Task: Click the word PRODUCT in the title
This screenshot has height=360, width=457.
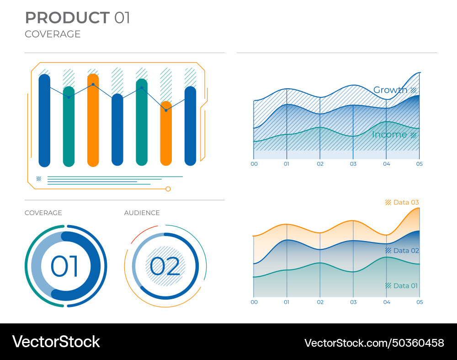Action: pos(67,18)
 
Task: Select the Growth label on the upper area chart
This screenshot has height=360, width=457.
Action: pos(390,90)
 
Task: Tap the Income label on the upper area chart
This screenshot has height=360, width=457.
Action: pos(389,134)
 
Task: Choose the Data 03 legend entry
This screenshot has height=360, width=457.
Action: pos(406,202)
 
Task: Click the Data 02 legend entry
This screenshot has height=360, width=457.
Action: pos(406,251)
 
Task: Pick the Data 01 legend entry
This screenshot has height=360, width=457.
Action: pos(405,286)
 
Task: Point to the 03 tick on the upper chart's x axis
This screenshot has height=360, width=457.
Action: pos(353,164)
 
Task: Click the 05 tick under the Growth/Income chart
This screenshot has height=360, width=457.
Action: pos(419,164)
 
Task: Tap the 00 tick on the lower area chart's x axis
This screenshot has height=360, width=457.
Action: pos(254,302)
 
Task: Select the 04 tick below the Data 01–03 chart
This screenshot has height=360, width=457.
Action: pos(386,302)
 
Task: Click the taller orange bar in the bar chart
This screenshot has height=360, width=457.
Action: pos(93,120)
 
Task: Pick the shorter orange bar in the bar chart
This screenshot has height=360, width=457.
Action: pos(166,133)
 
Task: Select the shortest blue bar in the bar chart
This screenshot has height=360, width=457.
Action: pos(117,129)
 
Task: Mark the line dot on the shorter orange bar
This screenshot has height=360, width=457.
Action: pos(166,110)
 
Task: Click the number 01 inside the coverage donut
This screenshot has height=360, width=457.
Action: pos(64,267)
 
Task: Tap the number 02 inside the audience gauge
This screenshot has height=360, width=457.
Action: pos(165,267)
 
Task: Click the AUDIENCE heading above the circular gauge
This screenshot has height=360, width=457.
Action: pos(142,213)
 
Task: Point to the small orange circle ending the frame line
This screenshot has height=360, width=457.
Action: pos(168,189)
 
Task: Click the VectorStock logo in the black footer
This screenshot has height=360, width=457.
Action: pos(56,342)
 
